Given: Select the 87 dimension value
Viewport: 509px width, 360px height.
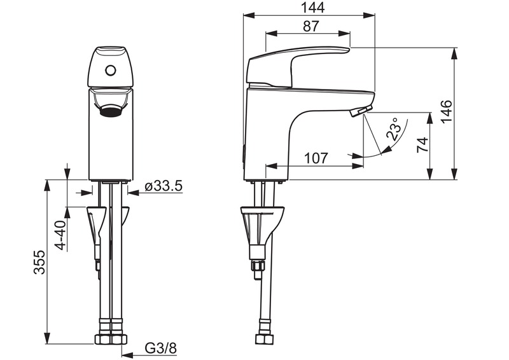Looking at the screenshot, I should click(310, 26).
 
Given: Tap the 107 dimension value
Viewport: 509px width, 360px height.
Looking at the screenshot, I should click(316, 158).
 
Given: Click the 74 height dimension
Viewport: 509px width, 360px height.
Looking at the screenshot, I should click(422, 146).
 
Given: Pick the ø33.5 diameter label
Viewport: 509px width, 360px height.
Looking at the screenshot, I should click(164, 186).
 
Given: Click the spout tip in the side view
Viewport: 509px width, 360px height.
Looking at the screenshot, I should click(359, 112).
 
